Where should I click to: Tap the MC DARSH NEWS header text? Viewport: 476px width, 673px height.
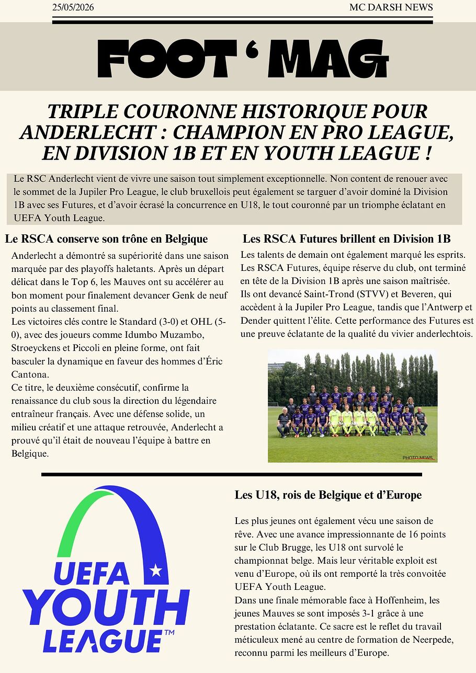[x=391, y=7]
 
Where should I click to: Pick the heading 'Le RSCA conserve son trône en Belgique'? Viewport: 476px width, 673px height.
[x=106, y=239]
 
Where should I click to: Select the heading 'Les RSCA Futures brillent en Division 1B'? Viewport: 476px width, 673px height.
[x=346, y=239]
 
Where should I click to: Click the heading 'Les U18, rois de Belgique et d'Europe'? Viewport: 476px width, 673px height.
[x=328, y=495]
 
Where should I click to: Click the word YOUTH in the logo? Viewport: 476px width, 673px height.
[x=105, y=609]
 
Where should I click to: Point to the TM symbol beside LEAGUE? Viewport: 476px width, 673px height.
[x=169, y=633]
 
